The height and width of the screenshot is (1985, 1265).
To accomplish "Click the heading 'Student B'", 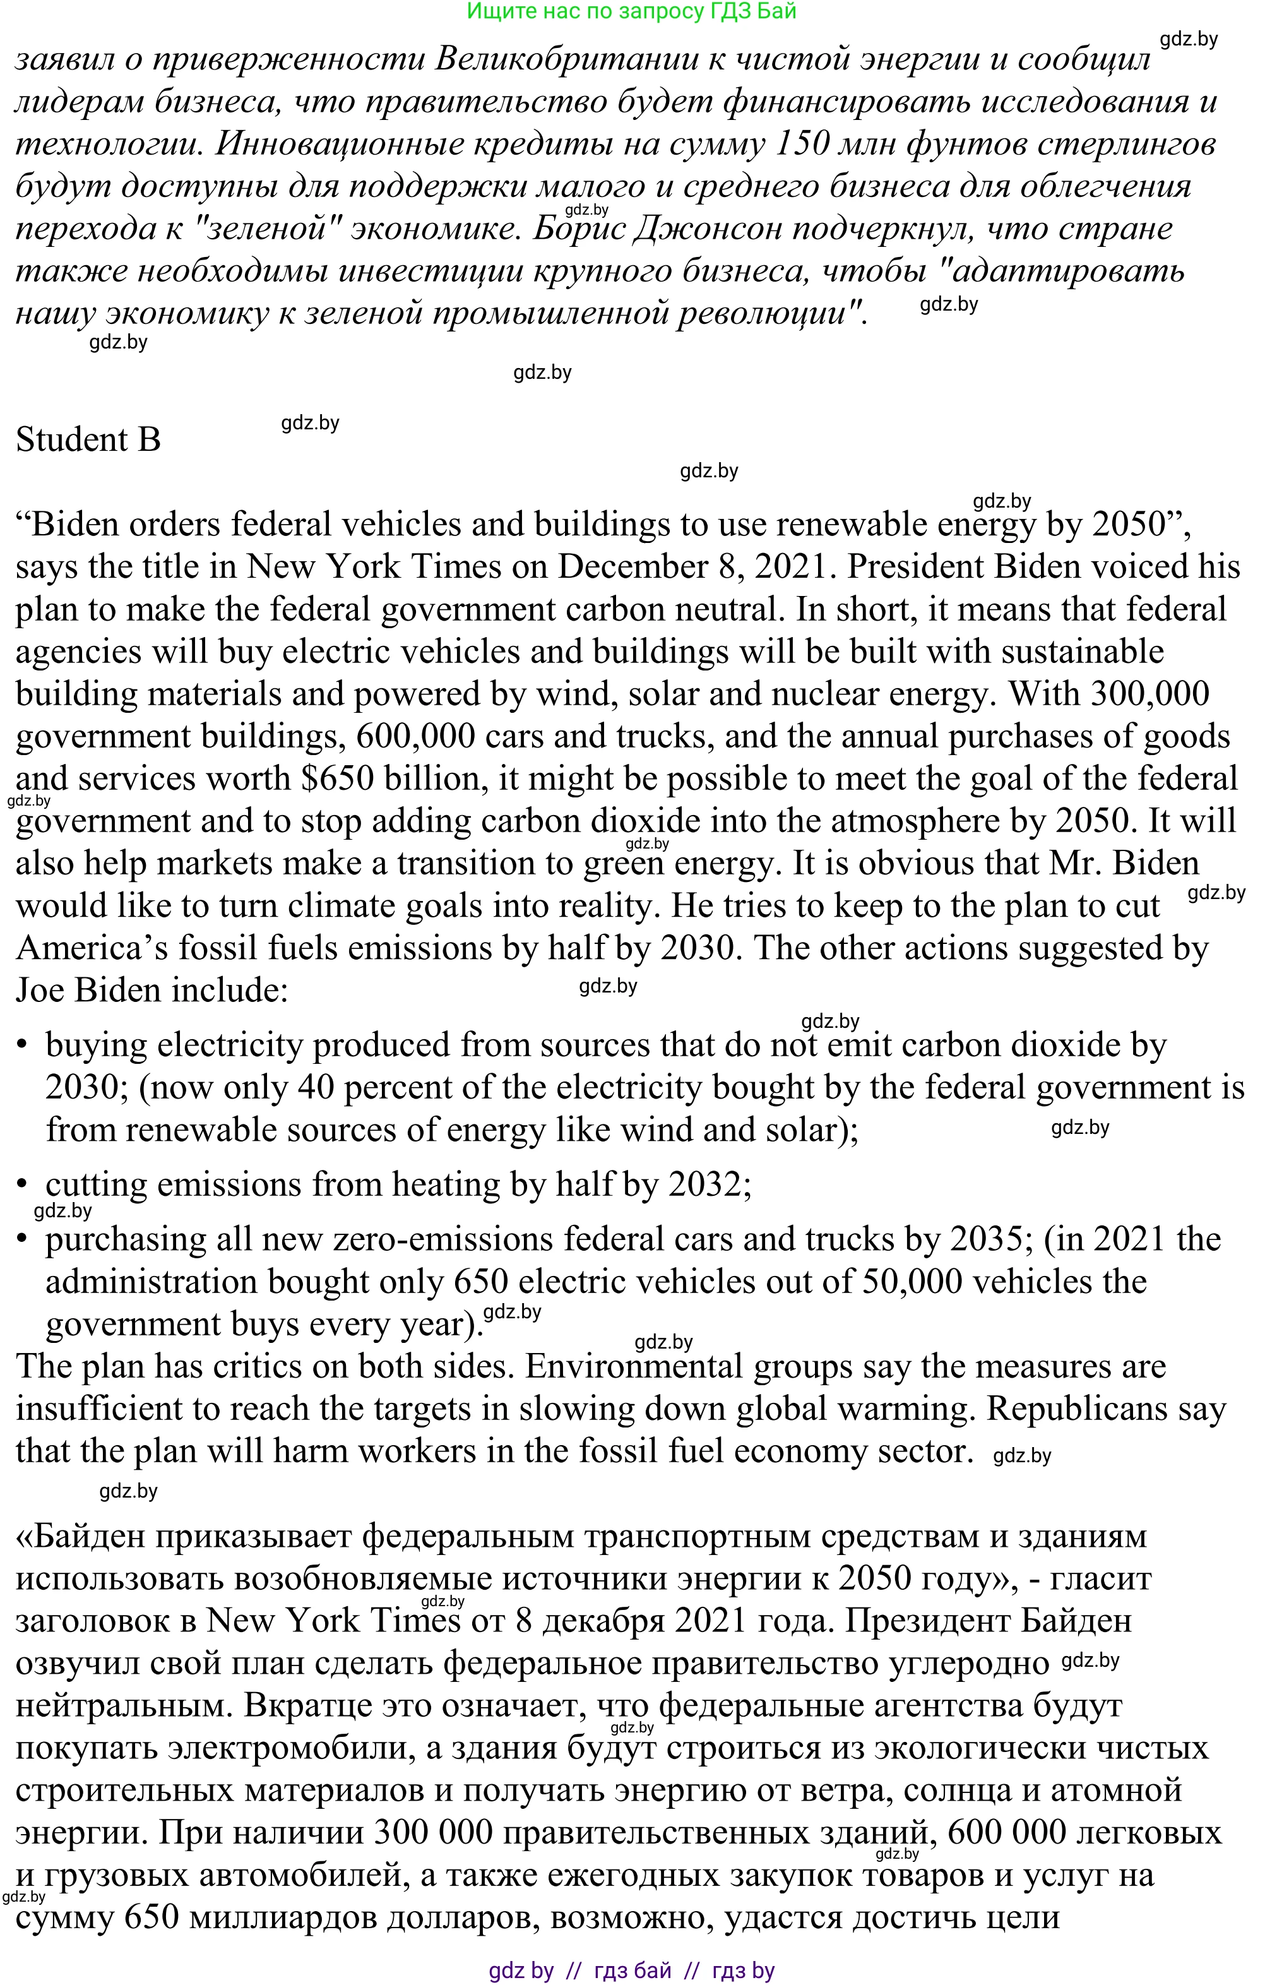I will click(x=88, y=439).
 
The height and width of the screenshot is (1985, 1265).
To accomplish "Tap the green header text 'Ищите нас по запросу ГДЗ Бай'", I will click(x=631, y=11).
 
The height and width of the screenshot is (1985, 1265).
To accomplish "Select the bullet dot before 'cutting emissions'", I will click(x=24, y=1186).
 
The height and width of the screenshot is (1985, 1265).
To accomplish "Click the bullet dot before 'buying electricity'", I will click(x=24, y=1046).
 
